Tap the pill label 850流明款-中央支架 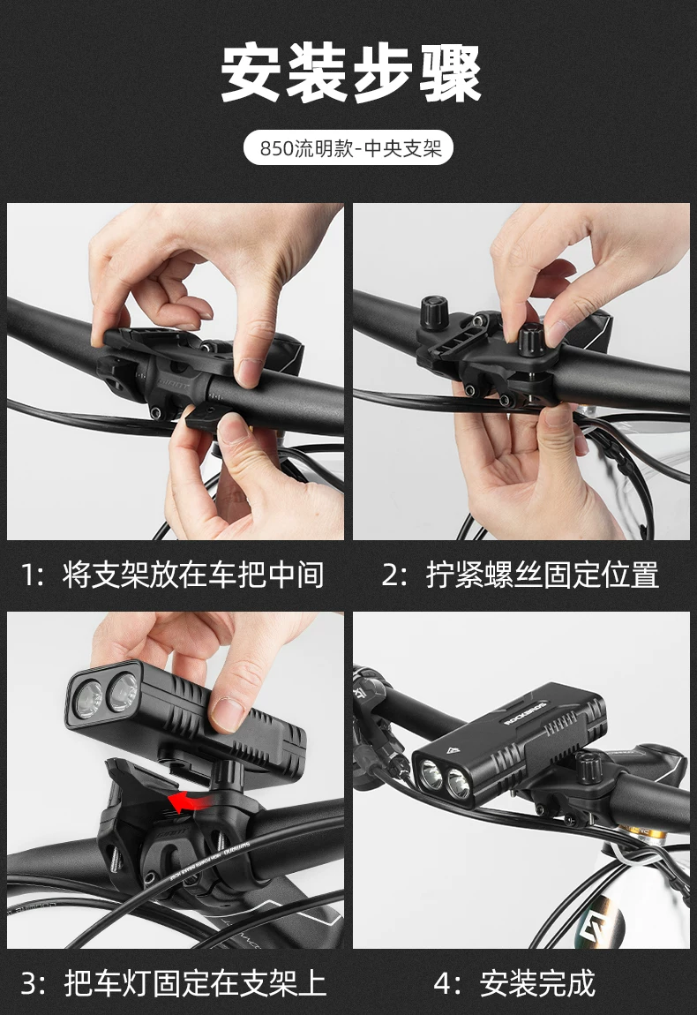click(348, 148)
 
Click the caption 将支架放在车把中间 click(193, 575)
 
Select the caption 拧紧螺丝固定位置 click(543, 575)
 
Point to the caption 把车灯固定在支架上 click(195, 982)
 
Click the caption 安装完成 click(537, 982)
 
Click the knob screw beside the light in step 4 click(589, 769)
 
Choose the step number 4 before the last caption click(442, 983)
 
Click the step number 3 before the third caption click(29, 983)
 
